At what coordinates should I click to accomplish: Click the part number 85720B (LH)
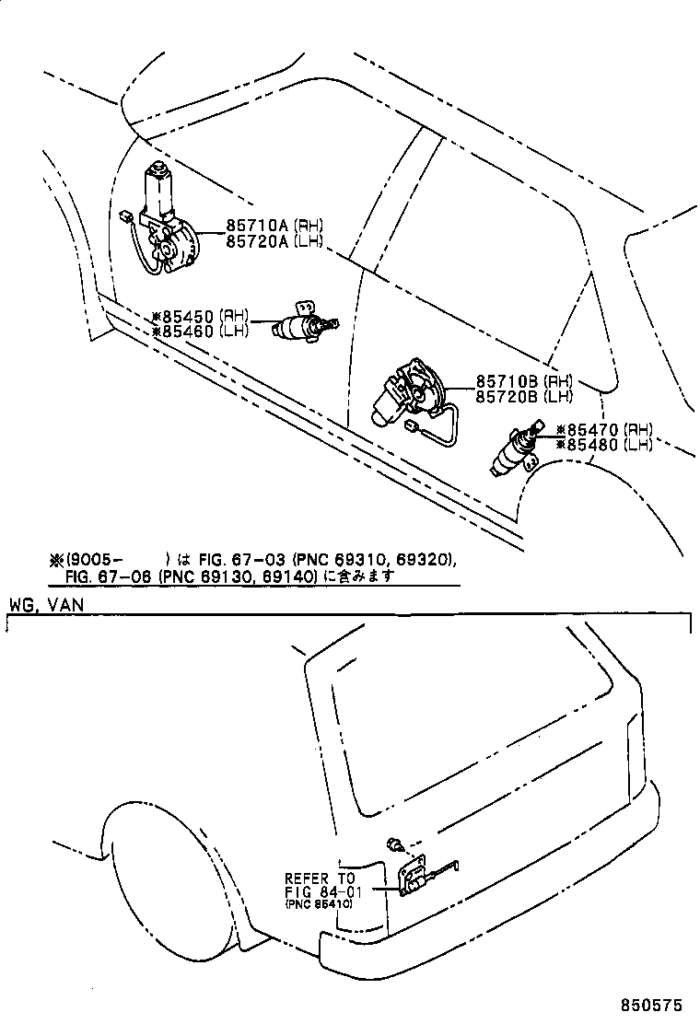pos(524,396)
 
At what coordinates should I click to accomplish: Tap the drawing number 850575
pos(653,1003)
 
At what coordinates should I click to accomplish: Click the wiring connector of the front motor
pos(123,216)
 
